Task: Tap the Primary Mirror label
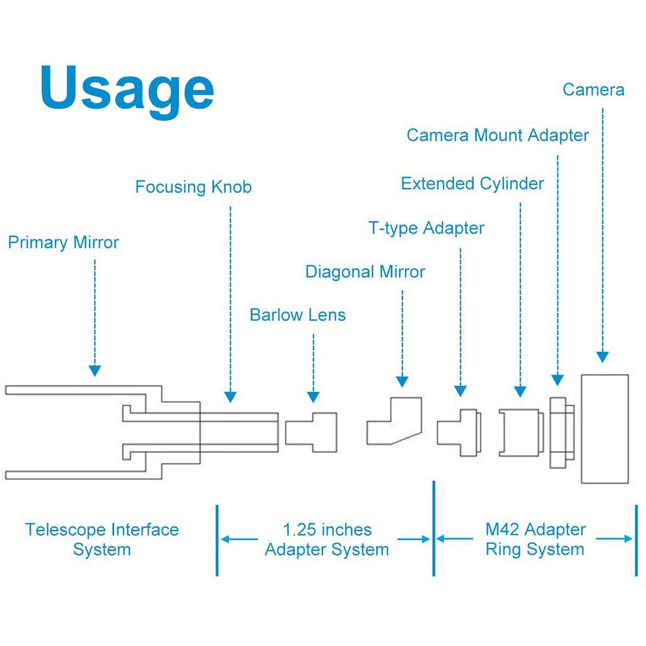(63, 242)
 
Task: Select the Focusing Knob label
(193, 187)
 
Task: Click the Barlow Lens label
(298, 315)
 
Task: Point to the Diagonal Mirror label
(365, 272)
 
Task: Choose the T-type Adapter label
(426, 228)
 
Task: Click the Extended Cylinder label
(473, 184)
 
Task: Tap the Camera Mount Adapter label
(498, 135)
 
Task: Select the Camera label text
(593, 90)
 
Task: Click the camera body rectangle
(604, 429)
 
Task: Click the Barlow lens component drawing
(311, 432)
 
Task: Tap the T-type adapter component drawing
(459, 432)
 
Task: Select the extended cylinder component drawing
(521, 432)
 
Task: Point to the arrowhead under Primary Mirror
(95, 370)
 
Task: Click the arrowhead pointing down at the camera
(602, 356)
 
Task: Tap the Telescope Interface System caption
(102, 539)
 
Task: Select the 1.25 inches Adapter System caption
(327, 539)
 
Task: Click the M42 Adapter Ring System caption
(535, 539)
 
